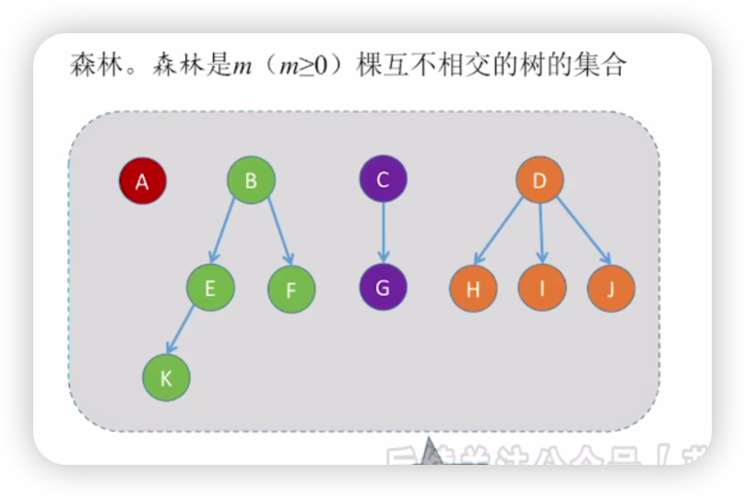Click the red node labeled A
point(142,181)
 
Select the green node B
point(251,180)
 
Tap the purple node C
point(383,179)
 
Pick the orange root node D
point(539,180)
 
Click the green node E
point(210,288)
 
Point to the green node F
point(291,290)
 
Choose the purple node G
point(383,287)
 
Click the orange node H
point(473,289)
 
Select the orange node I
point(542,288)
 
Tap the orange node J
point(610,288)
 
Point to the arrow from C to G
point(383,233)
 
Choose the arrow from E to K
point(183,329)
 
